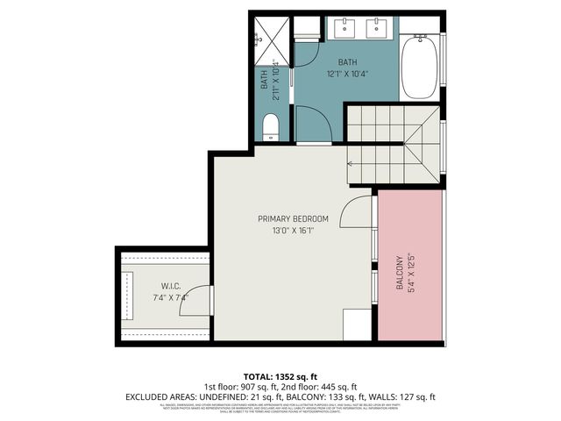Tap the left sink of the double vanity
point(342,27)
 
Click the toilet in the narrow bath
point(271,125)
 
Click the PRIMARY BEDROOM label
point(293,218)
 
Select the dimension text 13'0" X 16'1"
point(293,231)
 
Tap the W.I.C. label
point(170,285)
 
